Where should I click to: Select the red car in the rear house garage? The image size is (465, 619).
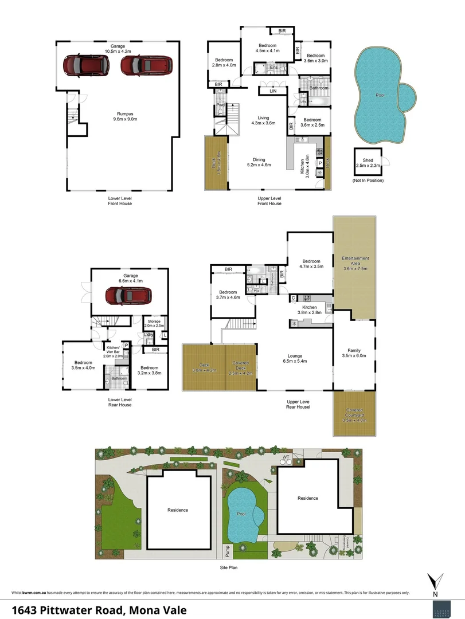[x=128, y=296]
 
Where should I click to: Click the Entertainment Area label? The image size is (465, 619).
[x=355, y=263]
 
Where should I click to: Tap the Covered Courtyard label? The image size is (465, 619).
[x=354, y=414]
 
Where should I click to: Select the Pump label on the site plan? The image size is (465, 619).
[x=228, y=551]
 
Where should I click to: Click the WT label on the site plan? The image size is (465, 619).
[x=286, y=457]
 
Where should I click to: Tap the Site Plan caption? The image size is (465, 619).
[x=229, y=568]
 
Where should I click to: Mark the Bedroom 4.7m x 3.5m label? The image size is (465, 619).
[x=311, y=263]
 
